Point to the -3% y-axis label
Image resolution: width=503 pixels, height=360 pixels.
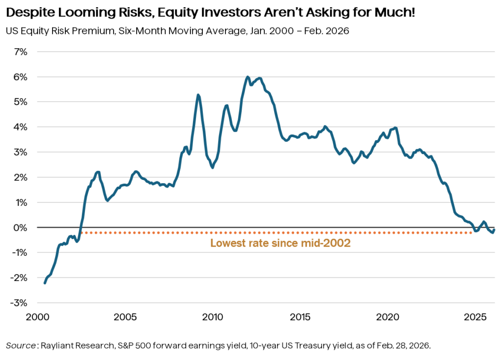(19, 303)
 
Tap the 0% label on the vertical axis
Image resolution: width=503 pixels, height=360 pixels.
(20, 228)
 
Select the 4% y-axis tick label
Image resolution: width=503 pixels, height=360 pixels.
(20, 127)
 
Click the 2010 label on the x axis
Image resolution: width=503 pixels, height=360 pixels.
(212, 317)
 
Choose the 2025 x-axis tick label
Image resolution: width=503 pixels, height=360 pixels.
(475, 317)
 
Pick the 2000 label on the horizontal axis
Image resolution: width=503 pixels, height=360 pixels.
(38, 317)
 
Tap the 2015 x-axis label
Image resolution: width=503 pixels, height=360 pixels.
(300, 317)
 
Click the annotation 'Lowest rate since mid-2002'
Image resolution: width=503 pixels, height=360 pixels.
(280, 243)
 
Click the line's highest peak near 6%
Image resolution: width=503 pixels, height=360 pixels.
(248, 77)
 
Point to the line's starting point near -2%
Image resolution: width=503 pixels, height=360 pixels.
(45, 283)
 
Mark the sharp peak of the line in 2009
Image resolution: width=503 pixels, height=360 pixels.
(198, 95)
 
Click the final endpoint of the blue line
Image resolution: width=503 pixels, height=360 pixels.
(494, 229)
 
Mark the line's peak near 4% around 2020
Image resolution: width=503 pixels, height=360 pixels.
(395, 128)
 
